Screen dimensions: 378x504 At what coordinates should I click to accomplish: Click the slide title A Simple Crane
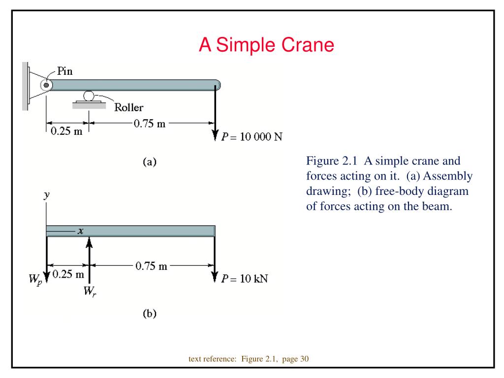[x=266, y=45]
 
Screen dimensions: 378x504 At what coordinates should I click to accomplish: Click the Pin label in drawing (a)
[x=65, y=71]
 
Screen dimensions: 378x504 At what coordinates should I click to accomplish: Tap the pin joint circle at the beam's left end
[x=46, y=85]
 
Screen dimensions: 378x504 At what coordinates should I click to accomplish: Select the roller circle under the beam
[x=89, y=95]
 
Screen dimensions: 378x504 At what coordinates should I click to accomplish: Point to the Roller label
[x=129, y=107]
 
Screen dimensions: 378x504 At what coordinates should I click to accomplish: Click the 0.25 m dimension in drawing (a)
[x=67, y=132]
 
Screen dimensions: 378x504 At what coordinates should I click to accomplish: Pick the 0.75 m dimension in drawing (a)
[x=150, y=123]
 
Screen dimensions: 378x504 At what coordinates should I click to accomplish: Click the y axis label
[x=46, y=195]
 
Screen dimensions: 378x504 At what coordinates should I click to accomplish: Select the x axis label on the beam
[x=80, y=230]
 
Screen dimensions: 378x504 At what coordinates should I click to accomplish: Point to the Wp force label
[x=35, y=281]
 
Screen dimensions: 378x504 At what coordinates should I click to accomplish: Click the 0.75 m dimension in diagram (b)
[x=151, y=266]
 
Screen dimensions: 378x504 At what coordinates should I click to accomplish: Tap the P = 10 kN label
[x=245, y=279]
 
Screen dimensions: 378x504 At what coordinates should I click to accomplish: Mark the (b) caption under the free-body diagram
[x=149, y=314]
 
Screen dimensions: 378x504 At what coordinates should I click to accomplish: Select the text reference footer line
[x=249, y=359]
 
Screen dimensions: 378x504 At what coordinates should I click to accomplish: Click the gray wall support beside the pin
[x=25, y=86]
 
